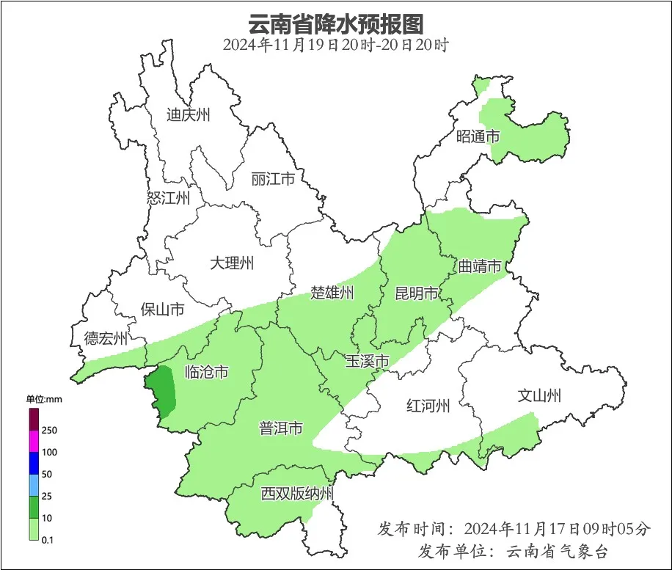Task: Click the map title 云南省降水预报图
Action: [x=335, y=23]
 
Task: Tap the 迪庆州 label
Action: [x=188, y=114]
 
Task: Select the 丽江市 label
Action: [x=272, y=179]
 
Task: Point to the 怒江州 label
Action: [x=168, y=198]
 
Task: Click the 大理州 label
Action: [x=231, y=263]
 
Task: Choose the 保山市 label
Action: [x=162, y=310]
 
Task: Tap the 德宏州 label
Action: [x=106, y=338]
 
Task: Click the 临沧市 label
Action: [x=206, y=372]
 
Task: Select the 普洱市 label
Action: [x=281, y=428]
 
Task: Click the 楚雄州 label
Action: [x=332, y=293]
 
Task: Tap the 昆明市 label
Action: [x=416, y=293]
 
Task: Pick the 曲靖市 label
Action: [x=480, y=266]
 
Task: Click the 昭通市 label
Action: [x=478, y=136]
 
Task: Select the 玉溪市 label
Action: [x=367, y=361]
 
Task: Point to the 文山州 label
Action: [x=539, y=396]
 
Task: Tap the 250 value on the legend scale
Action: [x=50, y=430]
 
